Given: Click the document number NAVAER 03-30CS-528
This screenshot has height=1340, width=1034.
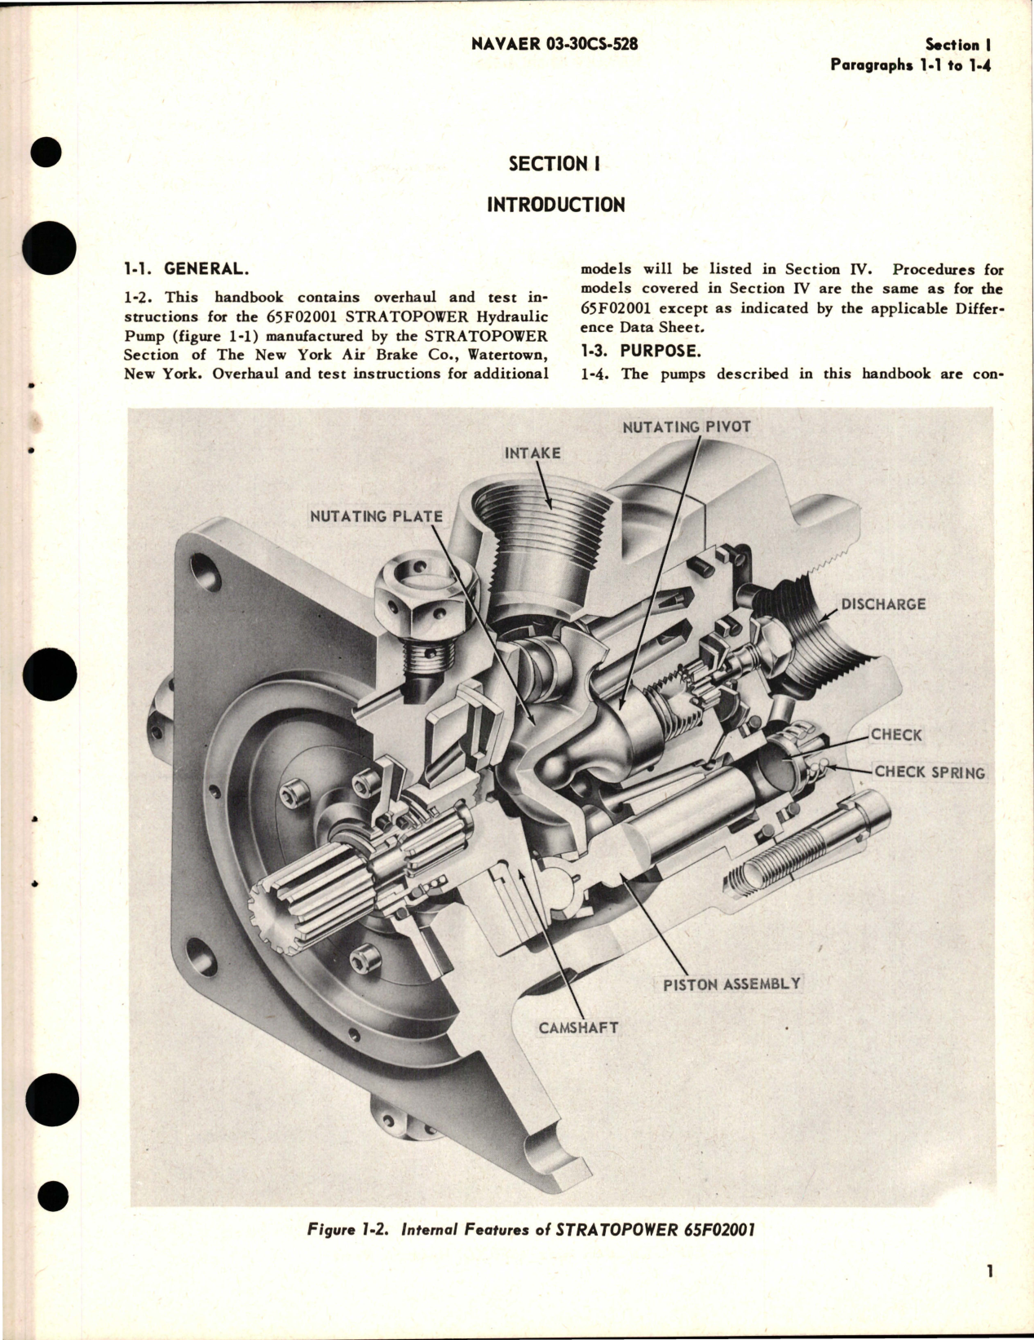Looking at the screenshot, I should pos(555,44).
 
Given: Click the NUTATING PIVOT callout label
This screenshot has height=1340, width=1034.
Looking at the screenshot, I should pos(686,427).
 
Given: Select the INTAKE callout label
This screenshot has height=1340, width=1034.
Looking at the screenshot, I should pos(532,453).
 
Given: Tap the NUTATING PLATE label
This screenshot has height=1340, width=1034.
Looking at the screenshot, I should pos(376,516).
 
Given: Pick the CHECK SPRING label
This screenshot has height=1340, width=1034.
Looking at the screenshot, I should pos(929,772).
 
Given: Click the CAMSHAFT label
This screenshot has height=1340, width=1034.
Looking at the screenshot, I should pos(578,1027).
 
